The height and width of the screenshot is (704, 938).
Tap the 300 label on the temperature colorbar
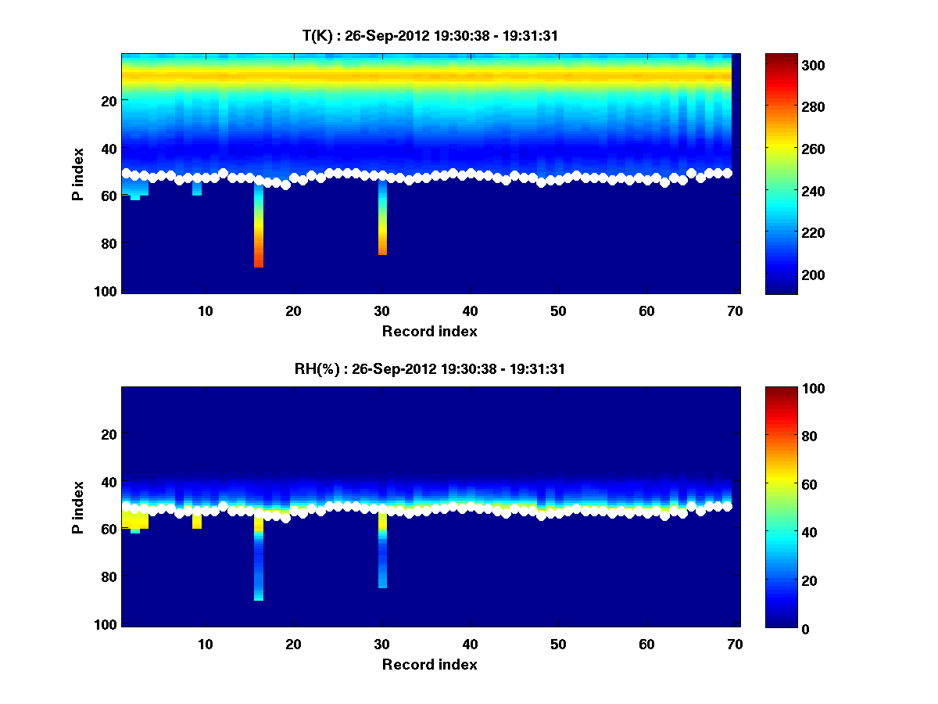pyautogui.click(x=784, y=65)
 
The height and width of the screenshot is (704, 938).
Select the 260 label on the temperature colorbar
pyautogui.click(x=784, y=149)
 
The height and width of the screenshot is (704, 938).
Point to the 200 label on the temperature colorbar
pyautogui.click(x=784, y=275)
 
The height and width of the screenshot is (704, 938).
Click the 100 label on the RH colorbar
pyautogui.click(x=784, y=389)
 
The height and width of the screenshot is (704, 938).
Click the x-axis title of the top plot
pyautogui.click(x=429, y=331)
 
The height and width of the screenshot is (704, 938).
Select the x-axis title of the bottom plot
pyautogui.click(x=429, y=664)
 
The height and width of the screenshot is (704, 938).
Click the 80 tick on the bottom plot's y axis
pyautogui.click(x=109, y=576)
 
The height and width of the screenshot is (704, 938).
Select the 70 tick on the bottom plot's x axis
pyautogui.click(x=735, y=644)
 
